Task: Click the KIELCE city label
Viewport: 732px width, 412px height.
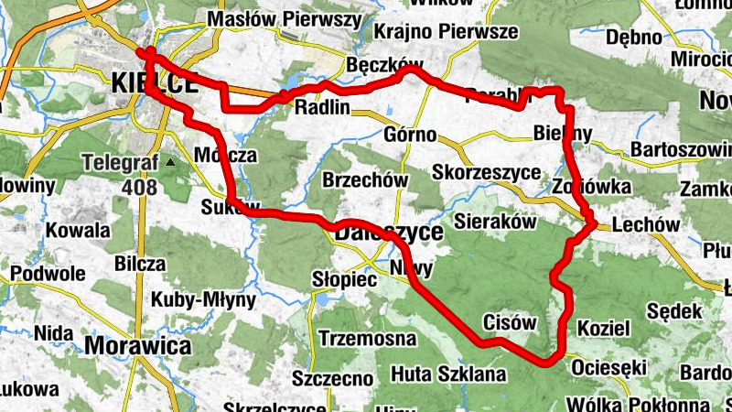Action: point(153,82)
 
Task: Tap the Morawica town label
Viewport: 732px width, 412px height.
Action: point(138,345)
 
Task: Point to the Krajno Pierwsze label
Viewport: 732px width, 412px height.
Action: point(447,32)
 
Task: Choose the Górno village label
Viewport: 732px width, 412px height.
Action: point(410,134)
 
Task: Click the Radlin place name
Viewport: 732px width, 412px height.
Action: point(323,107)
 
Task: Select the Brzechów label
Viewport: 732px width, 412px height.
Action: point(365,180)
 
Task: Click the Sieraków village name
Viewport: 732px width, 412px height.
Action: point(493,221)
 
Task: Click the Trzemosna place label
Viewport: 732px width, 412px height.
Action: point(367,339)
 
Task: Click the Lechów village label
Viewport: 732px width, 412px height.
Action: point(647,224)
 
